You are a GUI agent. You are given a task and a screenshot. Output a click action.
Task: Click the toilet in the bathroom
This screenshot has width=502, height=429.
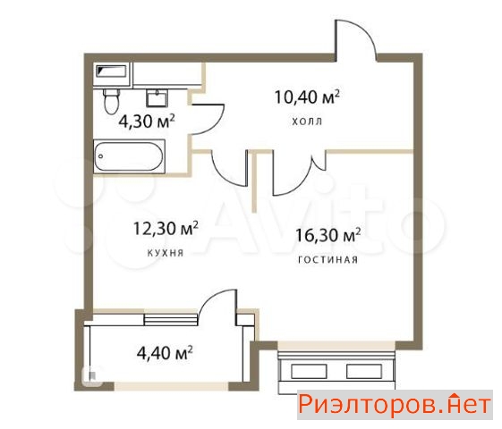112,101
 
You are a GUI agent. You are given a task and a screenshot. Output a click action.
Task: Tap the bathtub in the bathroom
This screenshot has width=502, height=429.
130,156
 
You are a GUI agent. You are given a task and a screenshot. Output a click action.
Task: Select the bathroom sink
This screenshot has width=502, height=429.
157,97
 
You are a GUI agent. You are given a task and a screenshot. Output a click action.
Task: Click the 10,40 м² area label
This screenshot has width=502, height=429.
307,97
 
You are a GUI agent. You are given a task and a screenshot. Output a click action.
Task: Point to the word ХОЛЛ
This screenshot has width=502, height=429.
307,122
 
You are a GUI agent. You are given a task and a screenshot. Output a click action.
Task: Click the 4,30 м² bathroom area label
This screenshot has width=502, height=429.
147,122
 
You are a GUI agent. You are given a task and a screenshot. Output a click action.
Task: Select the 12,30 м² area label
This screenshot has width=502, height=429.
166,228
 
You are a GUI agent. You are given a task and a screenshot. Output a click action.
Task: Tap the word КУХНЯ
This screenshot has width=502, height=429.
166,253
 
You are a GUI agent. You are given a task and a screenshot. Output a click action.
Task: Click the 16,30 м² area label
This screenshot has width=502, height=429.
328,235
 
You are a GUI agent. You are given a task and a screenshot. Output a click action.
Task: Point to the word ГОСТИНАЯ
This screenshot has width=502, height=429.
328,259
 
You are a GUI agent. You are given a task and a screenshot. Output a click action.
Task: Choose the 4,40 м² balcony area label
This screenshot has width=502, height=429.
165,353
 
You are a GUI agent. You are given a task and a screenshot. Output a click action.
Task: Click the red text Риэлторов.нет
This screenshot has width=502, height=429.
395,405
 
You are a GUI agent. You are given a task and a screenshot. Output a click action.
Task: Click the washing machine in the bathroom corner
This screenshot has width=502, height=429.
112,75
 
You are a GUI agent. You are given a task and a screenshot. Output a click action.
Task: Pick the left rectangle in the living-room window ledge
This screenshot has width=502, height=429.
309,372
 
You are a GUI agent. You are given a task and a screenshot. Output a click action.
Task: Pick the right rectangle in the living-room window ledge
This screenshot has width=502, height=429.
364,372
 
